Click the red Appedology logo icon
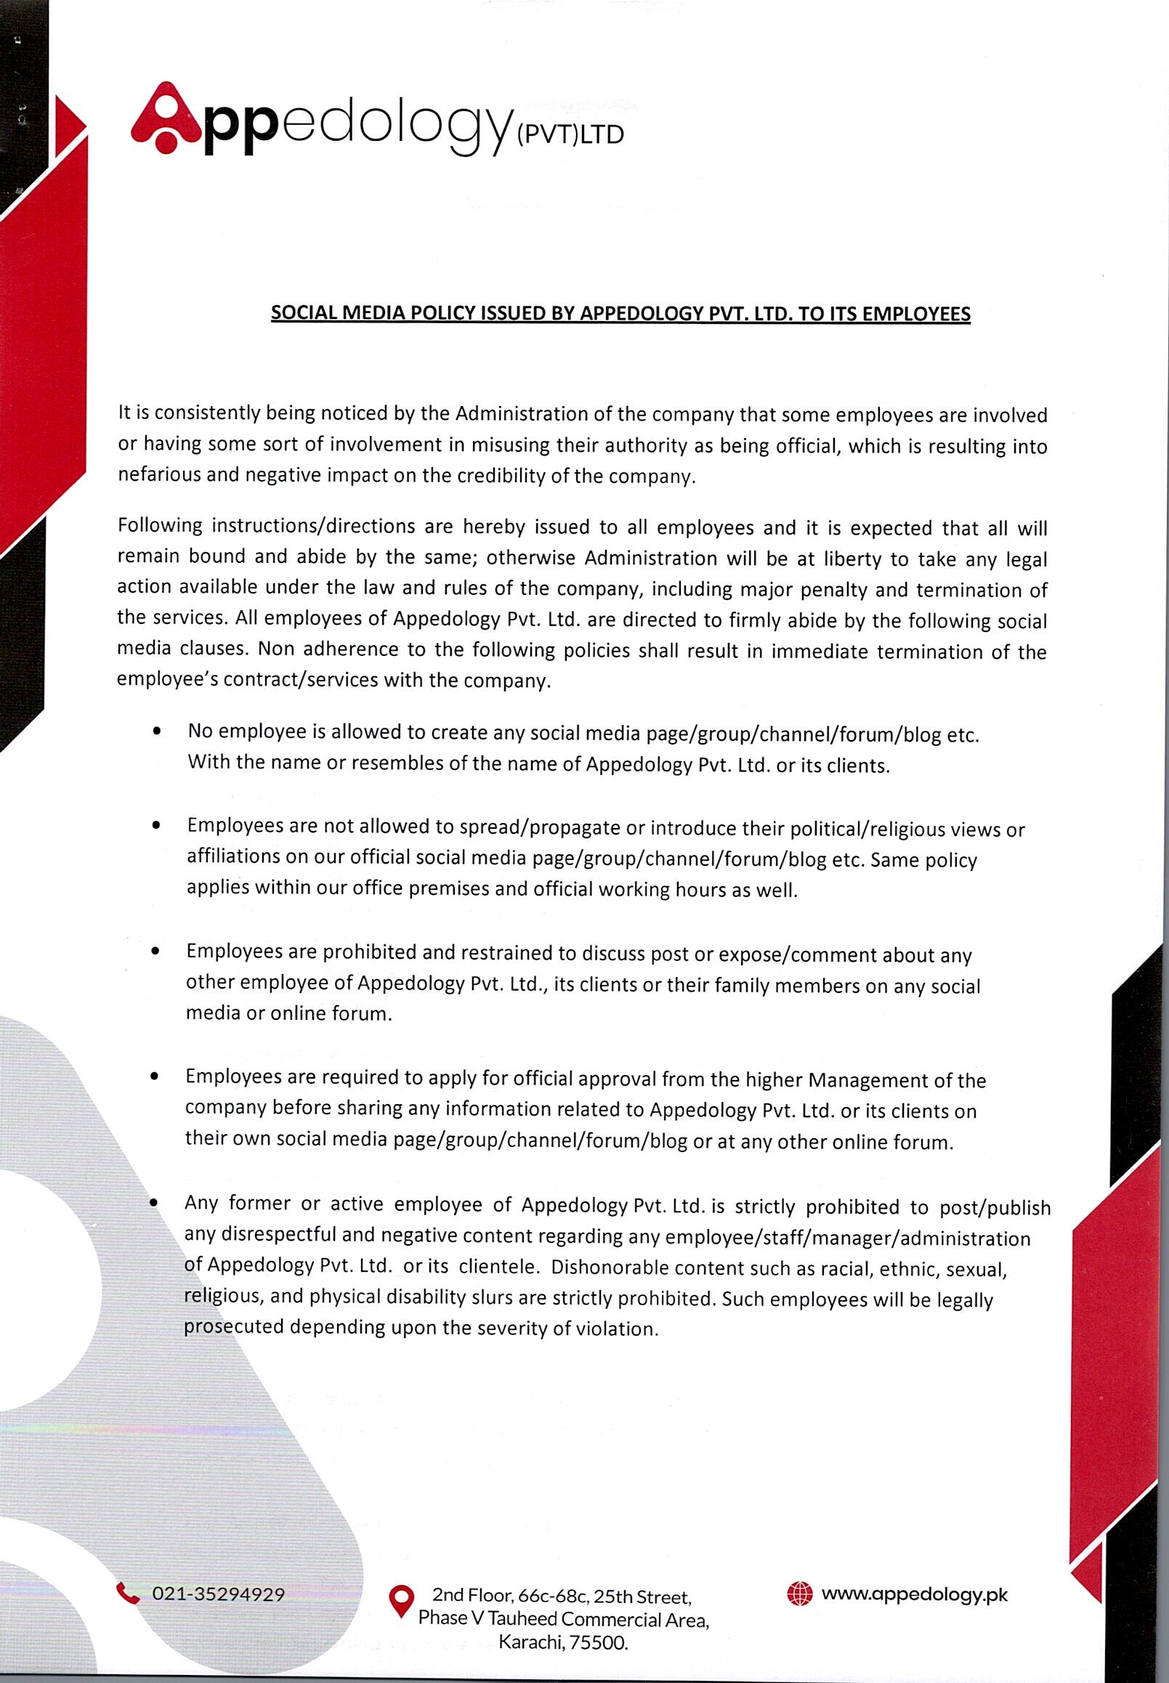pyautogui.click(x=166, y=118)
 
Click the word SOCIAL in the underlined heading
pyautogui.click(x=299, y=314)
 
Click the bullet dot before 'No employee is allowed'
pyautogui.click(x=156, y=731)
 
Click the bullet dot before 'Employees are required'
pyautogui.click(x=154, y=1077)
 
